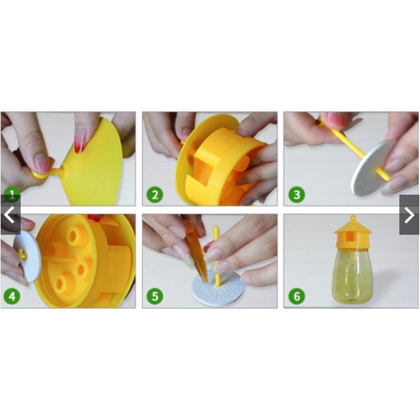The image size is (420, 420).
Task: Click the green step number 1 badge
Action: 12,195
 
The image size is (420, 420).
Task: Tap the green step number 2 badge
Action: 155,195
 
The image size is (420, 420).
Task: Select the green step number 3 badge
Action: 297,195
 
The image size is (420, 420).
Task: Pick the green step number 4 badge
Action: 12,297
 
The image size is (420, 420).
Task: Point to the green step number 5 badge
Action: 155,297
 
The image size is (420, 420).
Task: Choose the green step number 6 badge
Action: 297,297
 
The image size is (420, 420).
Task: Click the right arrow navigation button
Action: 409,215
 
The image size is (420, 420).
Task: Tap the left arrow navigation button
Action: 10,215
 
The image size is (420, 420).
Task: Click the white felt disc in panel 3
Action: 372,168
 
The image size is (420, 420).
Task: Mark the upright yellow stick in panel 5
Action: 217,256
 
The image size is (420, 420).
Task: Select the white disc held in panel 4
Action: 28,257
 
